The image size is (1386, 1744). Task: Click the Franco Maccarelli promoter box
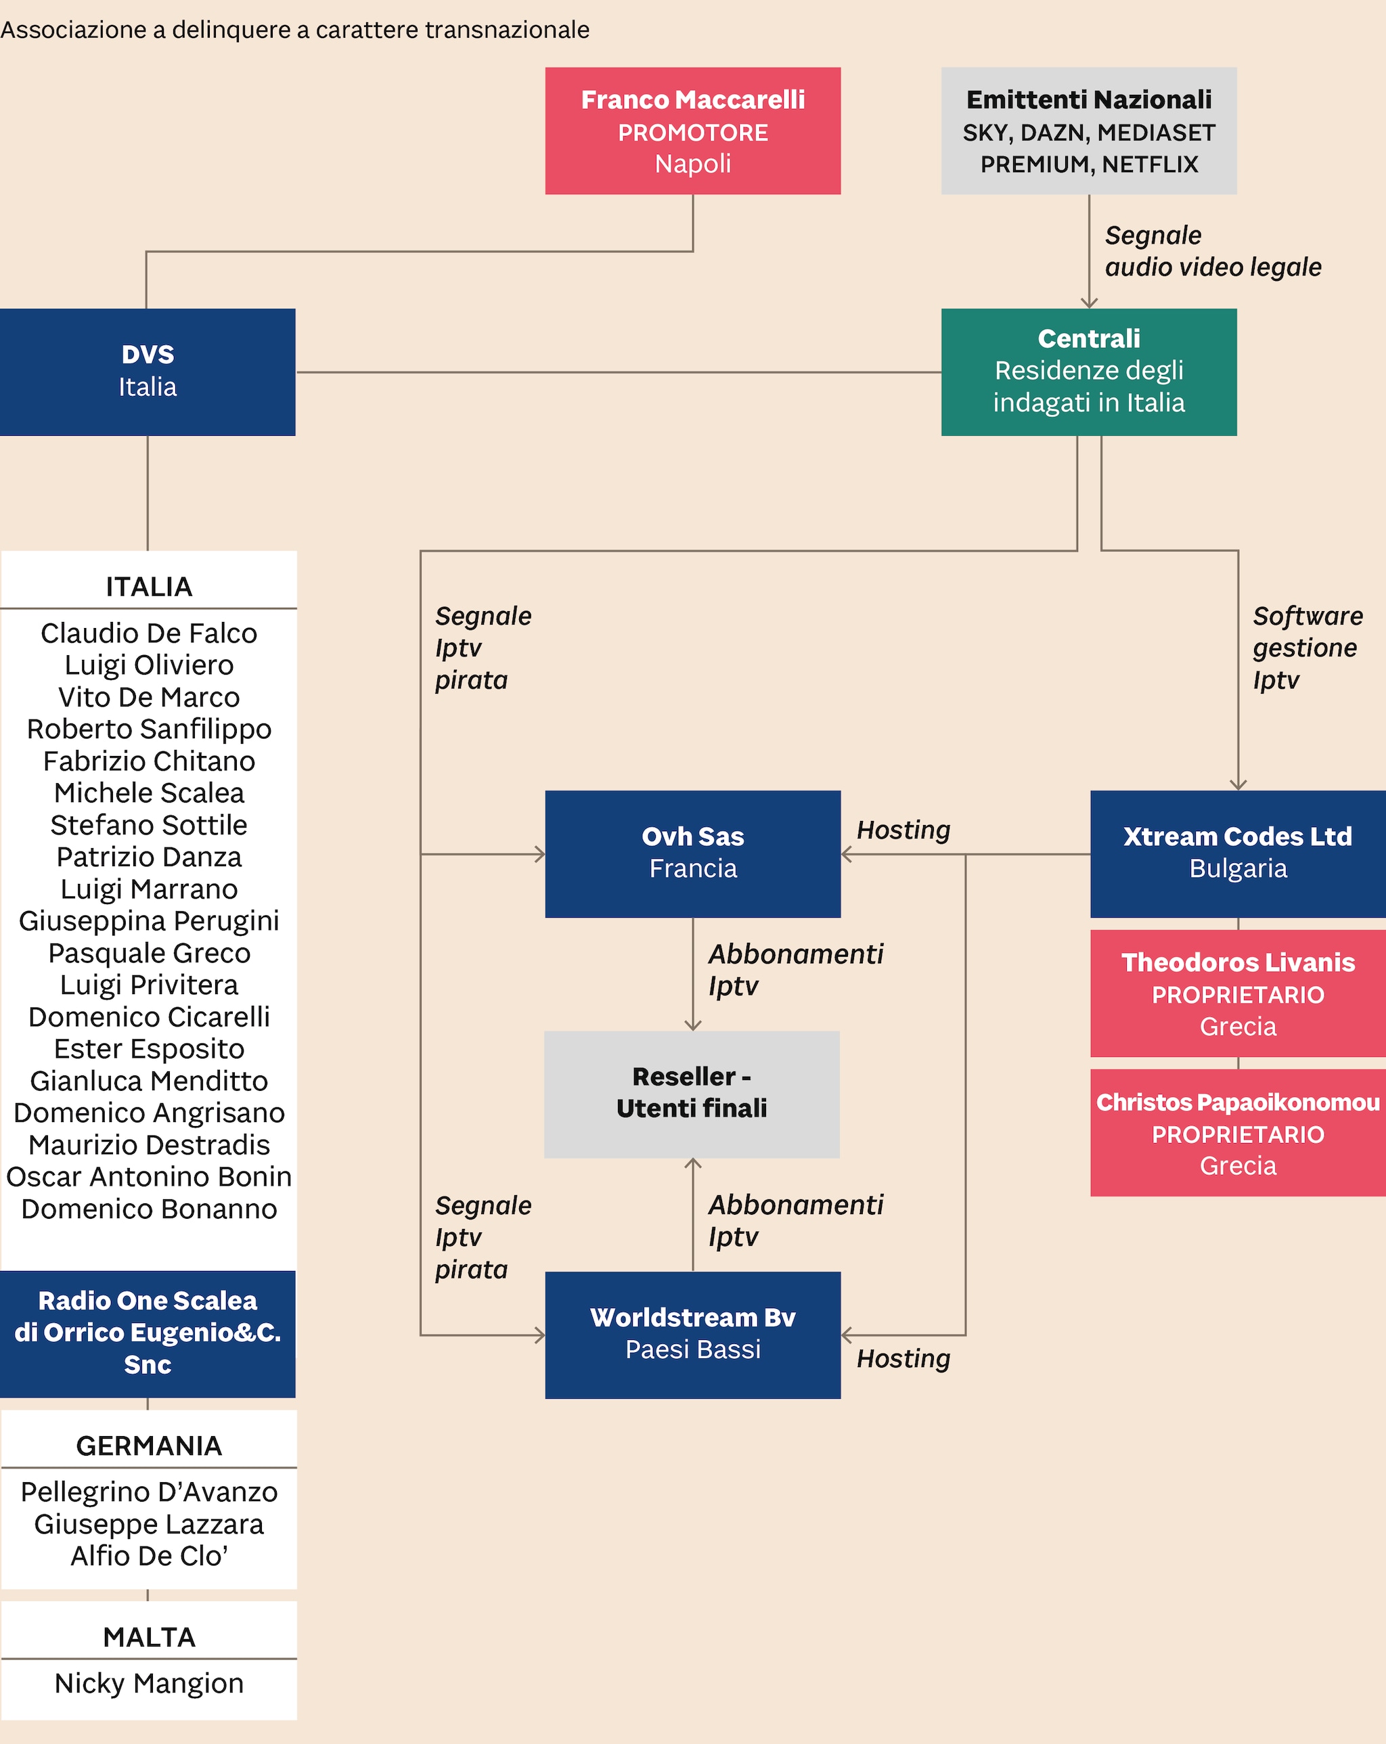pos(692,131)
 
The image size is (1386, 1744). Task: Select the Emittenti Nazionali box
pos(1088,131)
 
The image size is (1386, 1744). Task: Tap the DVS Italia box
pos(148,372)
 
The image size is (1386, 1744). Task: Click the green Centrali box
pos(1088,372)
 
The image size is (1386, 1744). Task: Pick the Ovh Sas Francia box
pos(692,853)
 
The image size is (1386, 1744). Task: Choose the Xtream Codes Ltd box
pos(1237,853)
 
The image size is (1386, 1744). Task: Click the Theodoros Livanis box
pos(1237,993)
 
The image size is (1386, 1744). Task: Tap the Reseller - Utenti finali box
pos(692,1094)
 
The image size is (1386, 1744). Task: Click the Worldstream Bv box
pos(692,1335)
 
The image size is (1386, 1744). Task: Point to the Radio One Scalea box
pos(148,1333)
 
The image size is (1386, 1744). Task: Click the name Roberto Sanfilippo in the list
pos(149,729)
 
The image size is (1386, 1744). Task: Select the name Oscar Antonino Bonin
pos(149,1176)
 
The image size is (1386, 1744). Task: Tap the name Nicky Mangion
pos(149,1682)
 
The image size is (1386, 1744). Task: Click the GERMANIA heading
pos(149,1446)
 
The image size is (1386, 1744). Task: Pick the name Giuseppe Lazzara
pos(149,1524)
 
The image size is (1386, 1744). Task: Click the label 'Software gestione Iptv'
pos(1306,648)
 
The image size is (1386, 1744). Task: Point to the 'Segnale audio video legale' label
pos(1212,251)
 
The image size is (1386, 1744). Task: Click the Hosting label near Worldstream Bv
pos(903,1359)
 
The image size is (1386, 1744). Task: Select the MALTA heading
pos(149,1636)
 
